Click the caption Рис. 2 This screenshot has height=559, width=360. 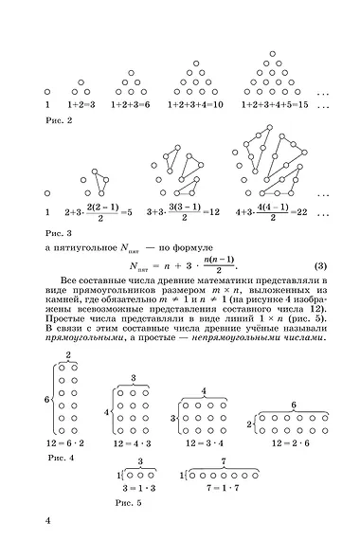tap(59, 122)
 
